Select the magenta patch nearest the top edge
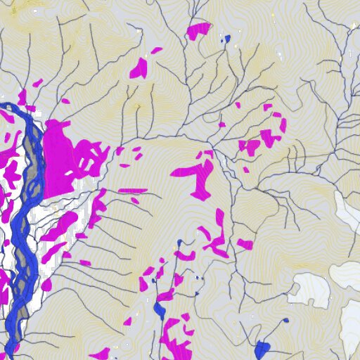tap(199, 30)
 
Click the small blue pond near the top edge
tap(226, 39)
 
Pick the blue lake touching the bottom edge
tap(263, 349)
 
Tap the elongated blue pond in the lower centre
tap(159, 309)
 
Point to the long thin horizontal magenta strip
tap(132, 190)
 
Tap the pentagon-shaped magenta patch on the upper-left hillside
tap(139, 68)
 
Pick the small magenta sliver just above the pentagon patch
tap(157, 51)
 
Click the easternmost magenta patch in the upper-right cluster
tap(283, 125)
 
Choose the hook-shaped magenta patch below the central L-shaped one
tap(217, 239)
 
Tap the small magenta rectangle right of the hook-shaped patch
tap(245, 244)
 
